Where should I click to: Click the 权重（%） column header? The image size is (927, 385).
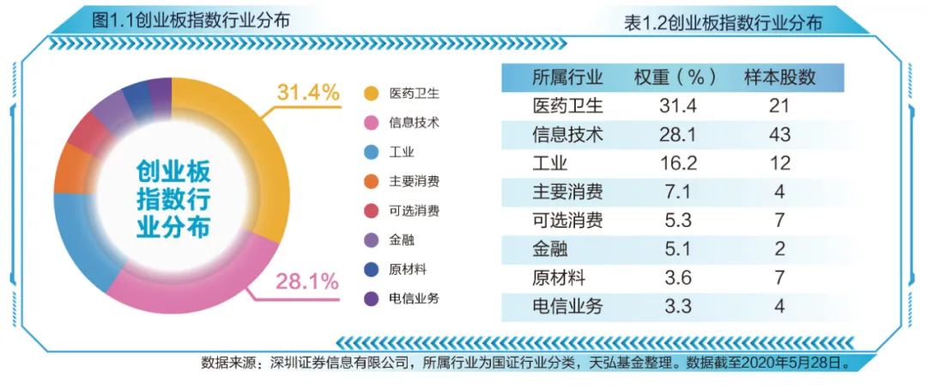pos(676,76)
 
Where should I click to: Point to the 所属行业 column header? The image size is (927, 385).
pos(568,76)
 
